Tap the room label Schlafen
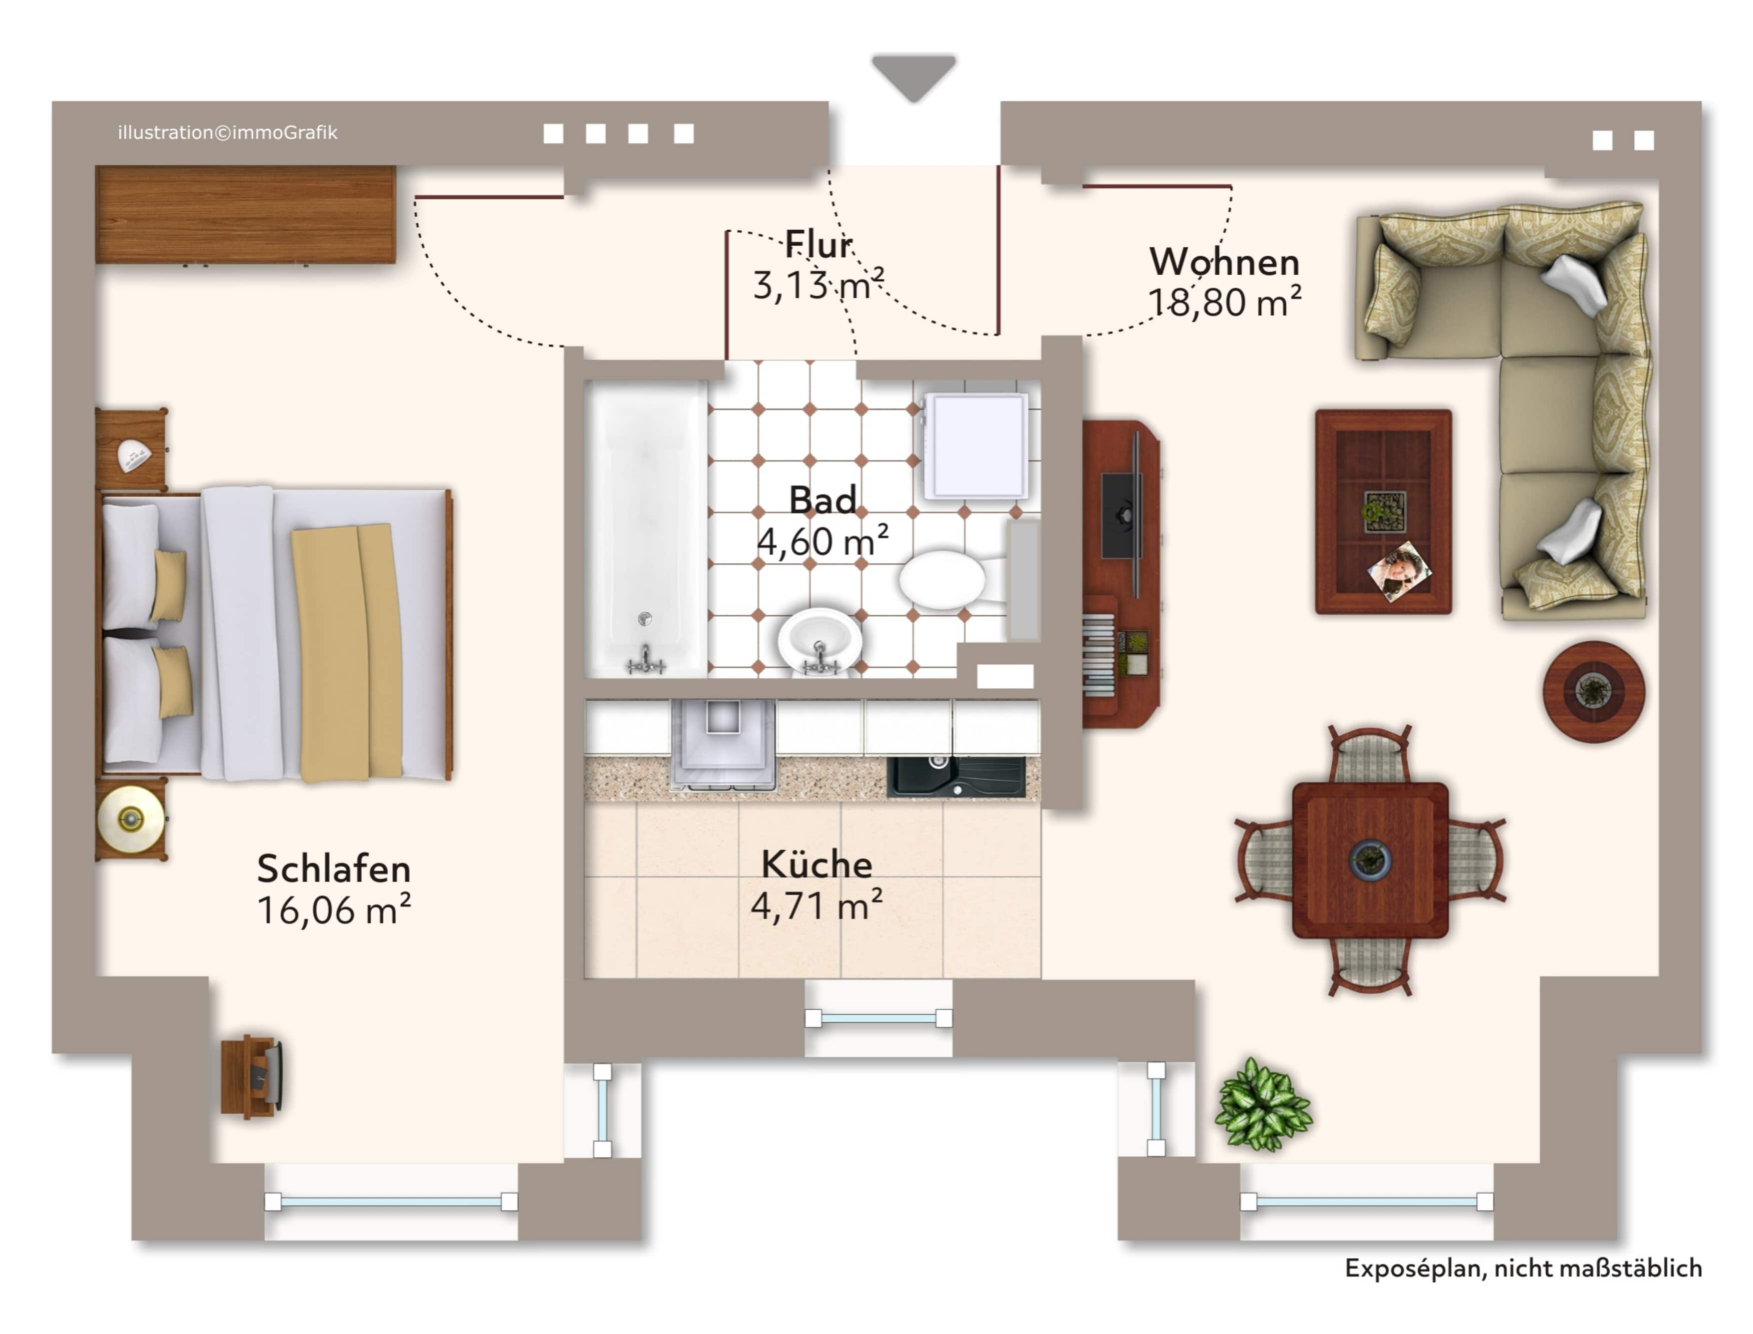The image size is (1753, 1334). click(x=334, y=869)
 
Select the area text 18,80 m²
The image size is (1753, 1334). click(x=1224, y=302)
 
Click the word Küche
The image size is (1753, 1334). click(x=817, y=864)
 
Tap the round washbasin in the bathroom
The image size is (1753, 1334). click(x=819, y=642)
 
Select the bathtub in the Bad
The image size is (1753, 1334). click(x=646, y=528)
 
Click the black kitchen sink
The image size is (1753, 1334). click(x=955, y=776)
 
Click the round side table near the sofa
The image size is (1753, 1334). click(x=1594, y=692)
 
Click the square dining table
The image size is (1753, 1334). click(x=1370, y=860)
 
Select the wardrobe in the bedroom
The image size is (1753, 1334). click(x=245, y=214)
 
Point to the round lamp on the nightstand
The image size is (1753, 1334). click(x=130, y=819)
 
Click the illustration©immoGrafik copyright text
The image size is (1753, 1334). click(x=227, y=133)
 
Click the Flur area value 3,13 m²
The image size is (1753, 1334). click(x=818, y=284)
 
